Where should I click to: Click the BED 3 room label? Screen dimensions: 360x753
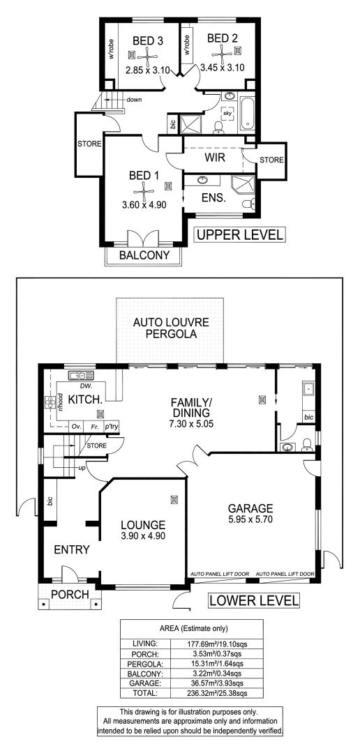click(x=148, y=41)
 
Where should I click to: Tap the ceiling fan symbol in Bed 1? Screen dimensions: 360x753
click(x=144, y=190)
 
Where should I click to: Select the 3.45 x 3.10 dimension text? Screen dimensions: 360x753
click(x=223, y=68)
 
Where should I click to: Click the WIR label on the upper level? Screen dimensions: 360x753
click(x=215, y=158)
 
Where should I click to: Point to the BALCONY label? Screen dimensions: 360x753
click(x=144, y=255)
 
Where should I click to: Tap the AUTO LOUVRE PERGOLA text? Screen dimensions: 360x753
click(x=171, y=328)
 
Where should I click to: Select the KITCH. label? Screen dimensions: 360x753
click(x=85, y=400)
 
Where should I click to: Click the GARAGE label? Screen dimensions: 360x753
click(x=250, y=508)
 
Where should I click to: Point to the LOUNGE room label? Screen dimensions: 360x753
click(x=143, y=526)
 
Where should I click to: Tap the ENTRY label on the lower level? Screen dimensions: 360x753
click(x=72, y=549)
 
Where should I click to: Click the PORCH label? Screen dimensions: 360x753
click(x=70, y=595)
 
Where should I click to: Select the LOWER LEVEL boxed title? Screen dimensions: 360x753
click(x=254, y=600)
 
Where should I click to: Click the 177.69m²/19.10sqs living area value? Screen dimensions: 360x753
click(x=217, y=644)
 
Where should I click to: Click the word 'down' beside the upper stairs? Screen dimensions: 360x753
click(x=134, y=100)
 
